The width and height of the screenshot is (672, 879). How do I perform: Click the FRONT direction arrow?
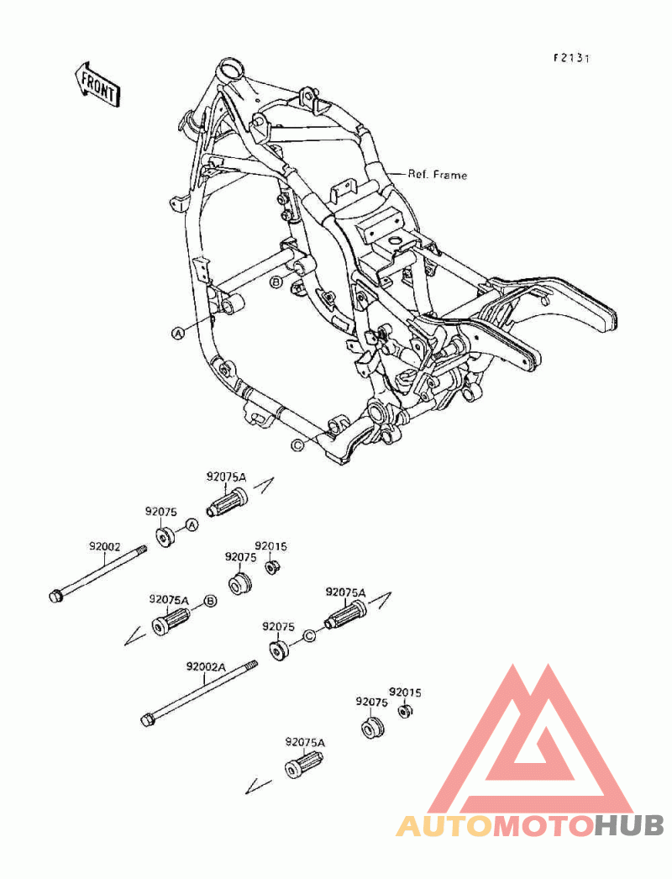coord(97,86)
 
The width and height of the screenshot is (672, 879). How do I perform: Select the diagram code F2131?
coord(572,58)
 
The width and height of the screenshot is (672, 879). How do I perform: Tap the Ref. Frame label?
coord(437,175)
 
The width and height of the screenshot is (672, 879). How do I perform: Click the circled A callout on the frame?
coord(178,334)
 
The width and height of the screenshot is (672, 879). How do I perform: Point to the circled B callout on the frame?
coord(276,282)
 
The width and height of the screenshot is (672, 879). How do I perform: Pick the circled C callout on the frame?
coord(297,445)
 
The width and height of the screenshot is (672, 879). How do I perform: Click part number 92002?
coord(104,545)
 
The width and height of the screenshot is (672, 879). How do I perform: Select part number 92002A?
coord(206,667)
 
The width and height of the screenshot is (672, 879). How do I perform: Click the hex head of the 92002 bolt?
coord(56,597)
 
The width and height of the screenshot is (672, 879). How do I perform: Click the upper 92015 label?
coord(270,546)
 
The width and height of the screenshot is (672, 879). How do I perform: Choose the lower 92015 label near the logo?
coord(405,693)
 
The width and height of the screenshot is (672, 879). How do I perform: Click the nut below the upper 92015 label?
coord(272,567)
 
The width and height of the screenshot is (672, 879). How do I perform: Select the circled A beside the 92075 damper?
coord(192,525)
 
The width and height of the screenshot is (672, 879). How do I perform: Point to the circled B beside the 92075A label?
coord(210,602)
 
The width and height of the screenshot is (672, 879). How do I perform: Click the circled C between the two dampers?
coord(310,635)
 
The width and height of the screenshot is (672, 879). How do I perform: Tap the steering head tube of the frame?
coord(232,71)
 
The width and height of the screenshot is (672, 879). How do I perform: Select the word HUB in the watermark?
coord(629,825)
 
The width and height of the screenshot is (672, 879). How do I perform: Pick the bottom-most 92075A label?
coord(305,742)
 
